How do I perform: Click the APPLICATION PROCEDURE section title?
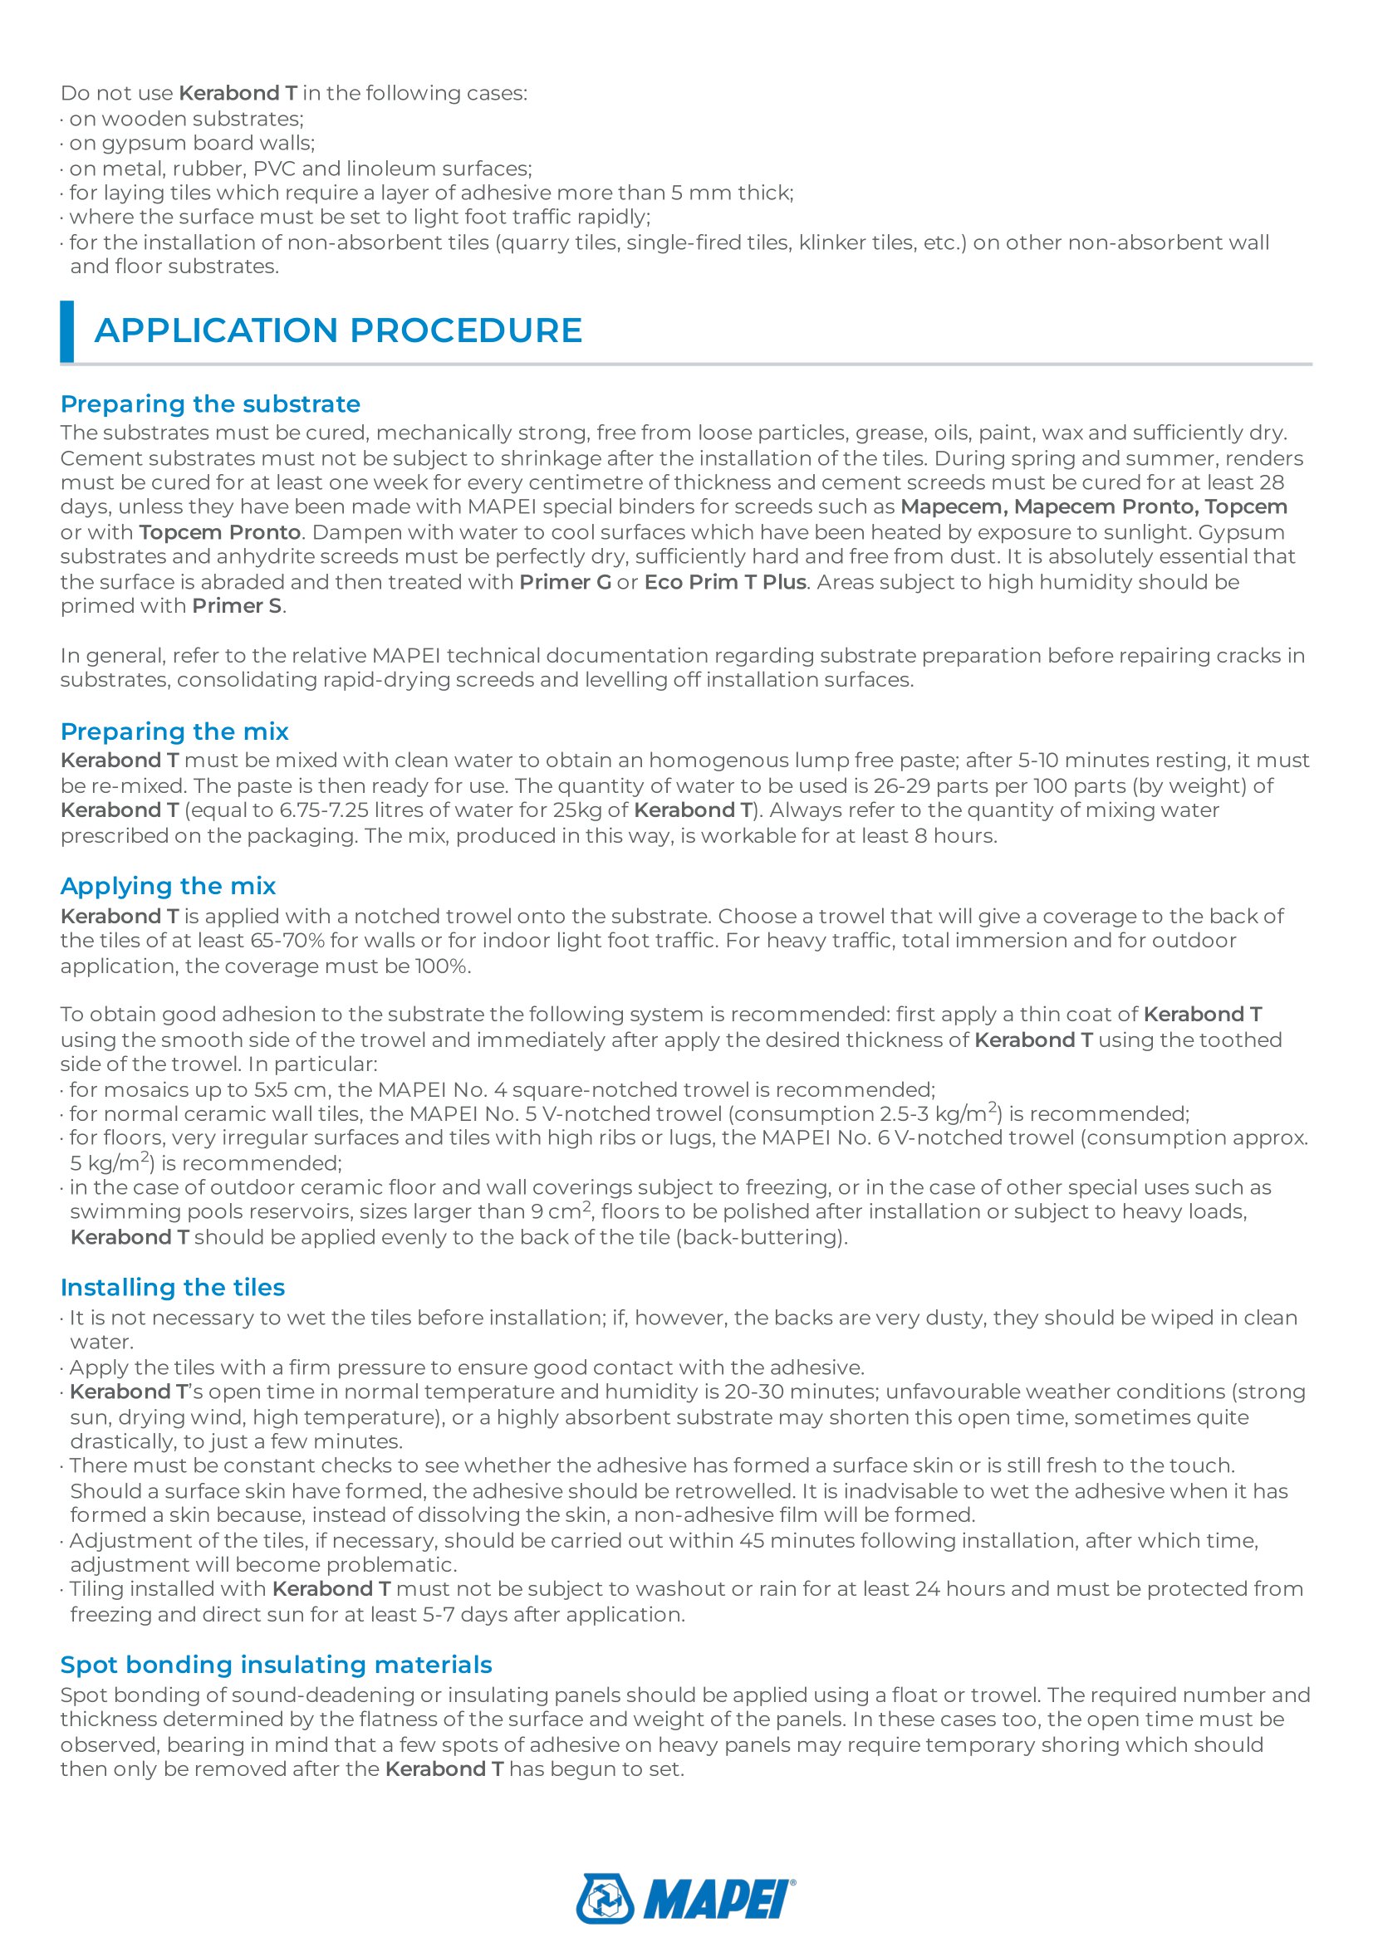pos(338,330)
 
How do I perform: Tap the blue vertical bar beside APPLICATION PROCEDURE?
pos(66,330)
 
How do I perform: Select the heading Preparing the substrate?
pos(210,404)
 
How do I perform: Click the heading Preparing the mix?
pos(174,731)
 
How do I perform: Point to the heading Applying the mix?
pos(168,887)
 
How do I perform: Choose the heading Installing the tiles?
pos(173,1288)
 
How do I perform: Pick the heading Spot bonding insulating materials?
pos(276,1665)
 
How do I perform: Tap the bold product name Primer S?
pos(237,606)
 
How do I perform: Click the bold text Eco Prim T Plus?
pos(725,582)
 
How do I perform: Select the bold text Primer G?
pos(565,582)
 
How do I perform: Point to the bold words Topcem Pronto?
pos(220,533)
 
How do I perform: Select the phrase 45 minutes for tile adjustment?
pos(796,1540)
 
